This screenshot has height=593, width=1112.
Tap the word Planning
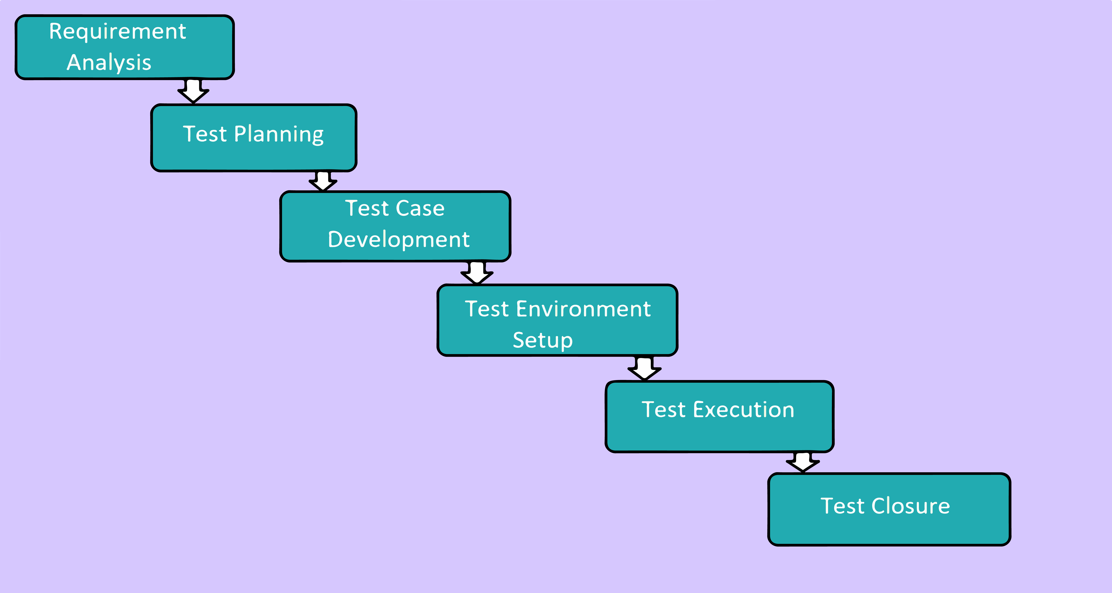(279, 134)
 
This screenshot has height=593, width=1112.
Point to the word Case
(420, 208)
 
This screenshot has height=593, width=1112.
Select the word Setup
(543, 341)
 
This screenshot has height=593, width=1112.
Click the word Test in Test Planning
(205, 134)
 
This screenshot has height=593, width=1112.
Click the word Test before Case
(366, 208)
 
